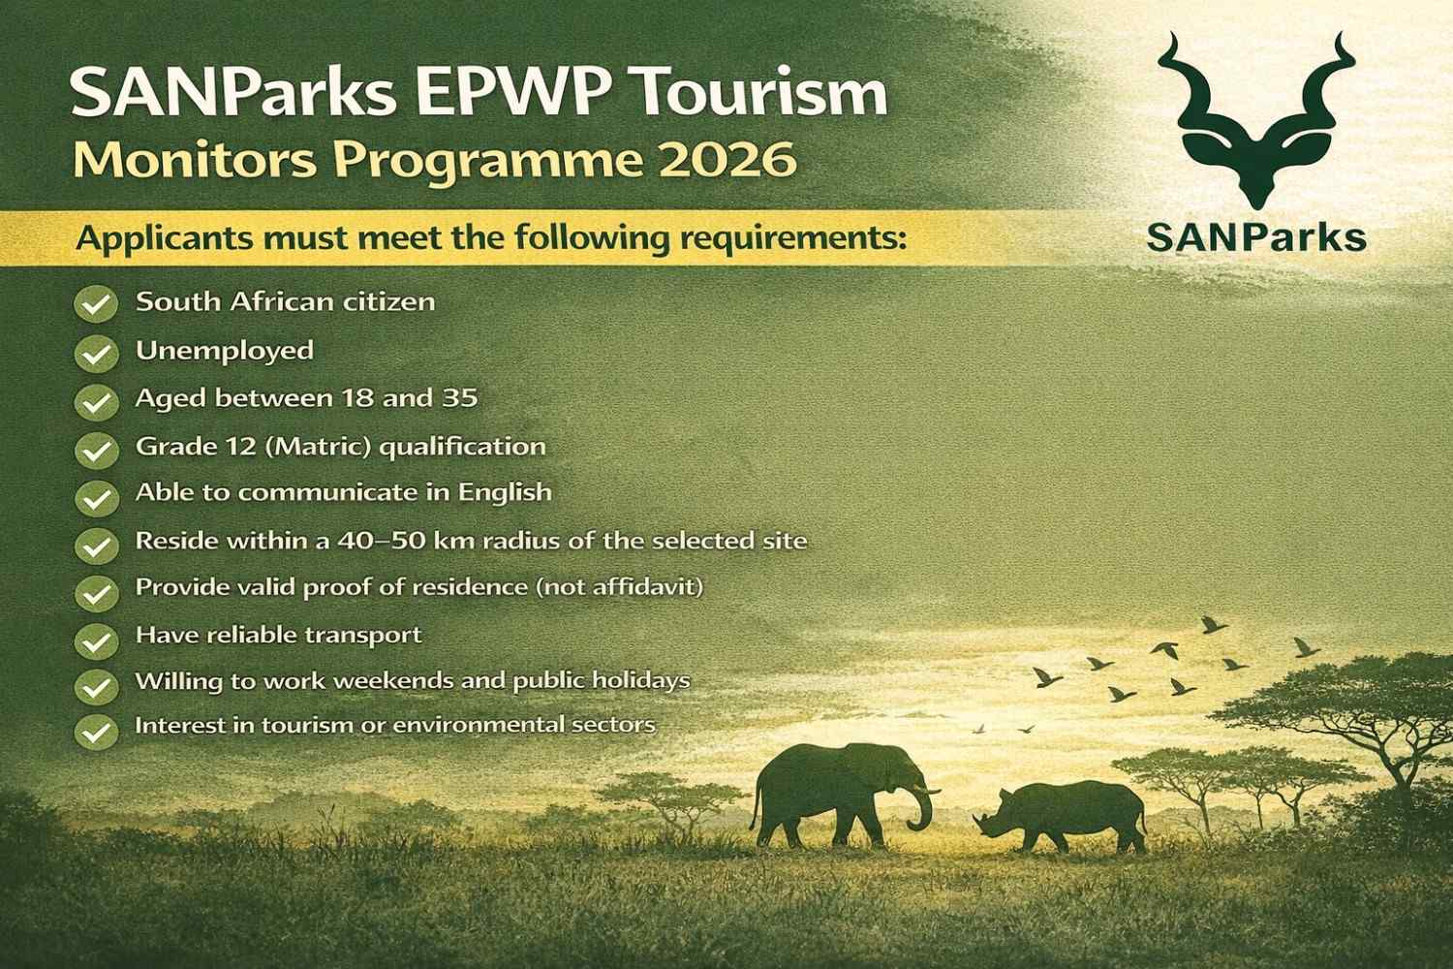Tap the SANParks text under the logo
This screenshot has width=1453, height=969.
1256,235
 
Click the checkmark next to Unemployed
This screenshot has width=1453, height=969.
95,354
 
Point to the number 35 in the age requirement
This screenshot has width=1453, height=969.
459,398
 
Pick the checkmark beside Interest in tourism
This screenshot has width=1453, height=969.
95,731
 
